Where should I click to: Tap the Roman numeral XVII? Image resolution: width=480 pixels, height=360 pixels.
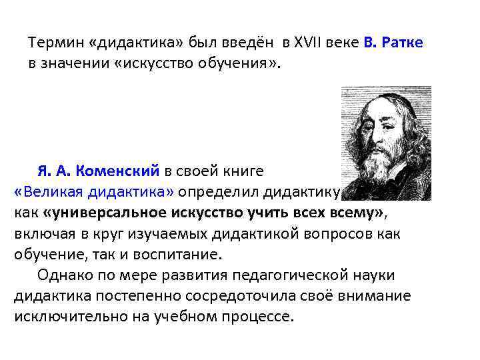click(305, 43)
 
